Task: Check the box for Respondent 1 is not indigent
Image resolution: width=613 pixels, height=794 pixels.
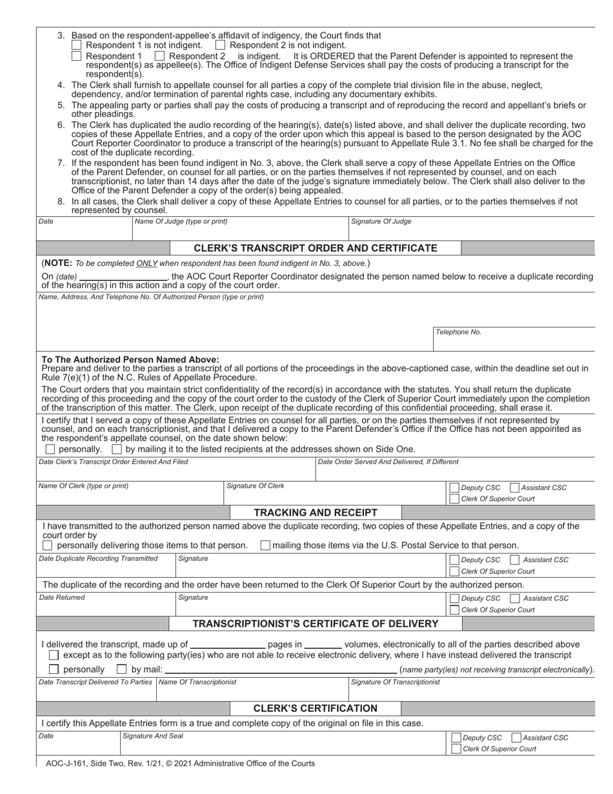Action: pyautogui.click(x=76, y=45)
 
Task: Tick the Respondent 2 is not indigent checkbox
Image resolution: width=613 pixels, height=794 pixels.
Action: pyautogui.click(x=220, y=45)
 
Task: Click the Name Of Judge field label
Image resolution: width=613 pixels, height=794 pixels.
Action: pyautogui.click(x=181, y=221)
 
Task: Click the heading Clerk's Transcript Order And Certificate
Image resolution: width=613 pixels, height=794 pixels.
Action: pyautogui.click(x=316, y=248)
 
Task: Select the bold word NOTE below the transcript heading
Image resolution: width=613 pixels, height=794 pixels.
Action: pyautogui.click(x=58, y=263)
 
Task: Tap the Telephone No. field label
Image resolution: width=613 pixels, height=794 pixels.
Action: pyautogui.click(x=458, y=332)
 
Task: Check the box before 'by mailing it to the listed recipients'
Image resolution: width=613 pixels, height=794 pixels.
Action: pyautogui.click(x=117, y=449)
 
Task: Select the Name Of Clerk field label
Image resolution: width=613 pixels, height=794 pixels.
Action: pyautogui.click(x=83, y=486)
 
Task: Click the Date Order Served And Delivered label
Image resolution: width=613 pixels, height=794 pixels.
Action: pyautogui.click(x=388, y=462)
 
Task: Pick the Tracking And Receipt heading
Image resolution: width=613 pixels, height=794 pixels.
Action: pyautogui.click(x=316, y=513)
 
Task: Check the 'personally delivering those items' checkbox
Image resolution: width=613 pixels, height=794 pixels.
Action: pyautogui.click(x=48, y=545)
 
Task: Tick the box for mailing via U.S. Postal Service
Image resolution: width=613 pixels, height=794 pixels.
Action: pyautogui.click(x=265, y=545)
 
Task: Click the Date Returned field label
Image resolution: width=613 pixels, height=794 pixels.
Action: pyautogui.click(x=62, y=598)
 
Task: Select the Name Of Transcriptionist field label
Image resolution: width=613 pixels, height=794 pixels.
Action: pyautogui.click(x=197, y=682)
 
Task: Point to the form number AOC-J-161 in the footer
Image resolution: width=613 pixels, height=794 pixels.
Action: pyautogui.click(x=67, y=763)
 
